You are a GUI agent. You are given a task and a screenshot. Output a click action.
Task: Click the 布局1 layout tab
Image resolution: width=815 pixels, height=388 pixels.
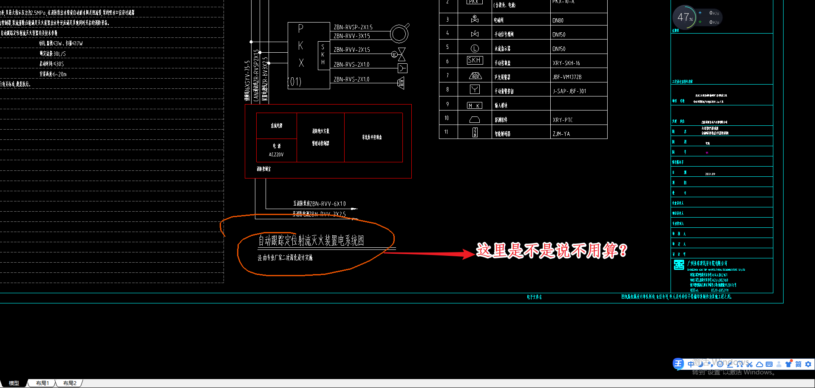click(42, 383)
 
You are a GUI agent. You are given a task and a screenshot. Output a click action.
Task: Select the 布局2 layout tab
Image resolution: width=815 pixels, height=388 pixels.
click(69, 383)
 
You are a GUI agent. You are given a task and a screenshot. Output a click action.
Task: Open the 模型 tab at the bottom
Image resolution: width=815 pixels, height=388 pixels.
click(14, 383)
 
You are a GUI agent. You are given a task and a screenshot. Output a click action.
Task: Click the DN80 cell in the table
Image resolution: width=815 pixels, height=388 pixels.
click(558, 20)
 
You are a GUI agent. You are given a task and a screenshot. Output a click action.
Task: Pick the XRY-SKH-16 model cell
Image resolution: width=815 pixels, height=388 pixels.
click(566, 63)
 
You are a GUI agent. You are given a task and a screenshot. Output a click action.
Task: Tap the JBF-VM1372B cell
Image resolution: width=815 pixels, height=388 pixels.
click(567, 77)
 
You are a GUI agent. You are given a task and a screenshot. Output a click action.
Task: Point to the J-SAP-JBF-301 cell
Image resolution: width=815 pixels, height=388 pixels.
click(569, 91)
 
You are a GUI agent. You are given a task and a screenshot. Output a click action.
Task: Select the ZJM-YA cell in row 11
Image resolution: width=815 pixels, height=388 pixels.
click(561, 134)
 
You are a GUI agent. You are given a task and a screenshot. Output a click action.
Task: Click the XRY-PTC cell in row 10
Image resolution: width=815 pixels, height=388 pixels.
click(563, 120)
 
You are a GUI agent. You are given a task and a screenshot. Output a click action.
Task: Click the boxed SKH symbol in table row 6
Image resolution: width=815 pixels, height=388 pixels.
click(474, 60)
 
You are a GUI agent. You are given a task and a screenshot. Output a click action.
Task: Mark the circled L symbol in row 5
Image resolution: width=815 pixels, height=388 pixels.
click(475, 48)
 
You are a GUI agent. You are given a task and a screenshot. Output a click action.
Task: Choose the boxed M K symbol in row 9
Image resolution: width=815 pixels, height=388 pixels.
click(474, 105)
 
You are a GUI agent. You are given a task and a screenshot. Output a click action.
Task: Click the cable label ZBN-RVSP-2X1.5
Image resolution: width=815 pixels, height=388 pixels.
click(353, 27)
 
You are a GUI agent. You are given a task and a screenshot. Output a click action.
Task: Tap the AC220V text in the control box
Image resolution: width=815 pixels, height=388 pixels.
click(276, 155)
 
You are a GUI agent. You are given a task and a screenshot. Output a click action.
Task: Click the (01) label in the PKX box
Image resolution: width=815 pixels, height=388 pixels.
click(294, 82)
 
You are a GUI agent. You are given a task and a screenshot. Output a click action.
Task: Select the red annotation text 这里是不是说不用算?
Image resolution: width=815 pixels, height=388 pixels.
click(551, 250)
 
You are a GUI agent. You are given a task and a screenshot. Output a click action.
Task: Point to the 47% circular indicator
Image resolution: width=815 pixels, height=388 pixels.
click(684, 17)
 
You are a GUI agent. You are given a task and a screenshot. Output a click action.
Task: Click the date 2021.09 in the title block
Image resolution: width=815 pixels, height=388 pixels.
click(710, 174)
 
